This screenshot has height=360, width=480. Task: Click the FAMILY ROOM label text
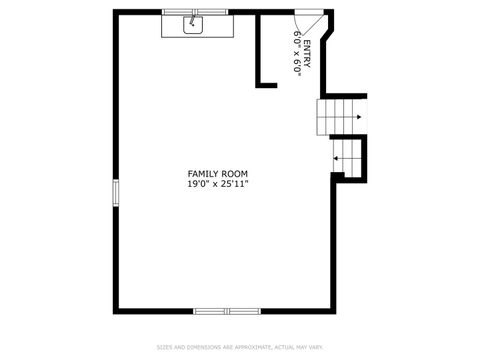(x=217, y=174)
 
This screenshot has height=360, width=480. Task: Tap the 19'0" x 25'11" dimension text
(x=217, y=184)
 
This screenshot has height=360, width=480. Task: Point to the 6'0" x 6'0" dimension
(x=297, y=53)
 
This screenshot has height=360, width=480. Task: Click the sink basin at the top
(x=194, y=25)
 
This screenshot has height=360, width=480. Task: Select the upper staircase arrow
(x=354, y=116)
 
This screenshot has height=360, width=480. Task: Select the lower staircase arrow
(x=340, y=157)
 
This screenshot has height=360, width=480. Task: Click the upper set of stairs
(x=336, y=116)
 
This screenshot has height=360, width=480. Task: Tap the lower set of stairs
(x=350, y=157)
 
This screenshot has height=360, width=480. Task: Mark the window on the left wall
(x=115, y=192)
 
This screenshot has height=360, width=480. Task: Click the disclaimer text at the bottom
(x=239, y=347)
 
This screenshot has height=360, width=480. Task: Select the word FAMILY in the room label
(x=201, y=174)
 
